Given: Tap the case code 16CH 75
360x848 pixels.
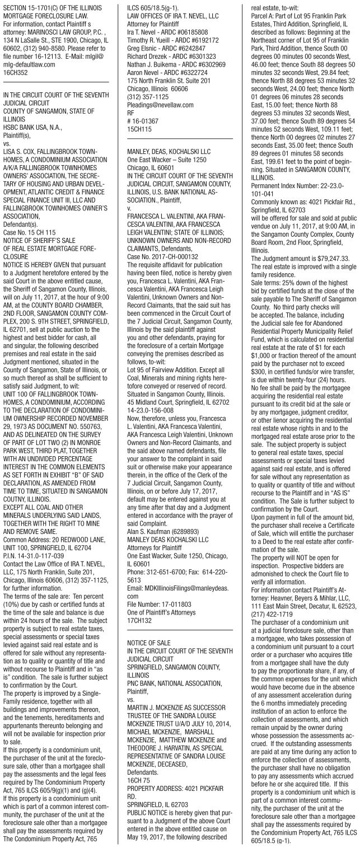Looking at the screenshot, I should click(139, 696).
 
